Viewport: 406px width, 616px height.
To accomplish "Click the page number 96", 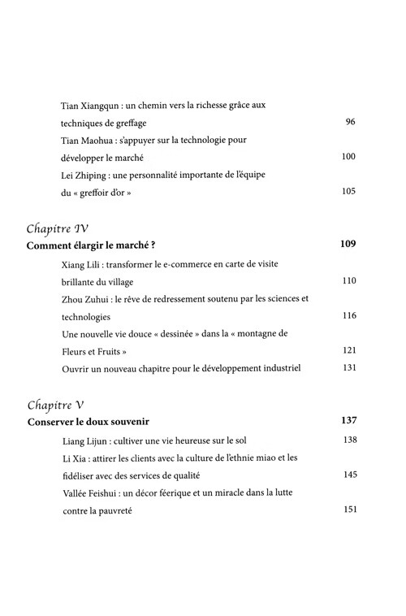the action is point(351,123).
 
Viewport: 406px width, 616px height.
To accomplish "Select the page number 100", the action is point(348,157).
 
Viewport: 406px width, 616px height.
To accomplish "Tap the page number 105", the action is point(348,192).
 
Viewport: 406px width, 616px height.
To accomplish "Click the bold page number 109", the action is point(348,244).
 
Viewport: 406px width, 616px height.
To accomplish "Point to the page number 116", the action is point(348,315).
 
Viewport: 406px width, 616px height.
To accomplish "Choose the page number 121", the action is point(348,350).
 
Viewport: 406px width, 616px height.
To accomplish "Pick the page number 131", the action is point(348,368).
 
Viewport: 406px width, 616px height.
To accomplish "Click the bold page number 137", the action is point(348,421).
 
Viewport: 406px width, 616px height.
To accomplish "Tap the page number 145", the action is point(348,475).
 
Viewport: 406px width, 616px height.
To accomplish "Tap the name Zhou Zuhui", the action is point(85,299).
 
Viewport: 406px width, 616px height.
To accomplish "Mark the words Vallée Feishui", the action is point(91,492).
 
